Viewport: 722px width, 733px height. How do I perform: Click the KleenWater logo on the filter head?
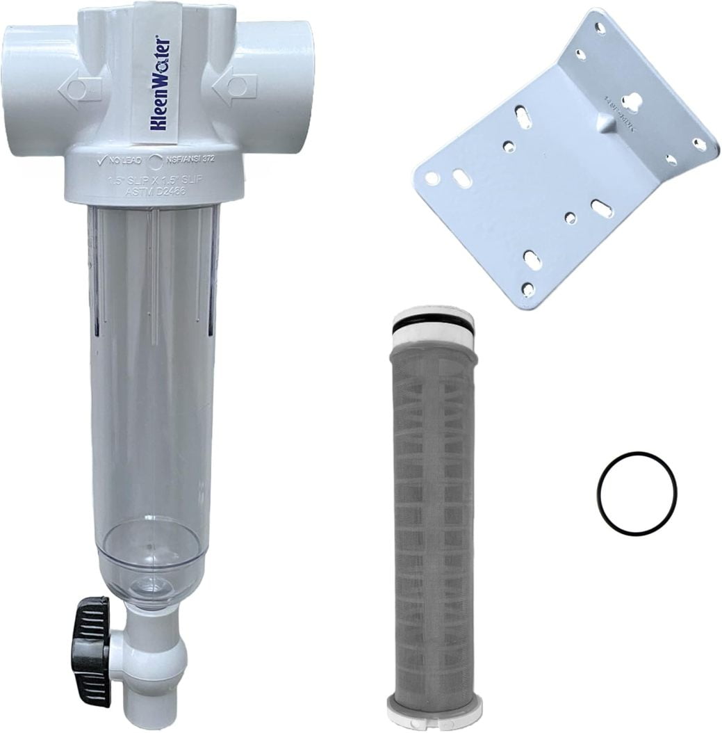tap(160, 83)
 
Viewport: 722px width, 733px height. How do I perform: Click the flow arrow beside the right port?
tap(234, 86)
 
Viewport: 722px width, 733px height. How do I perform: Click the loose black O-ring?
tap(636, 494)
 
